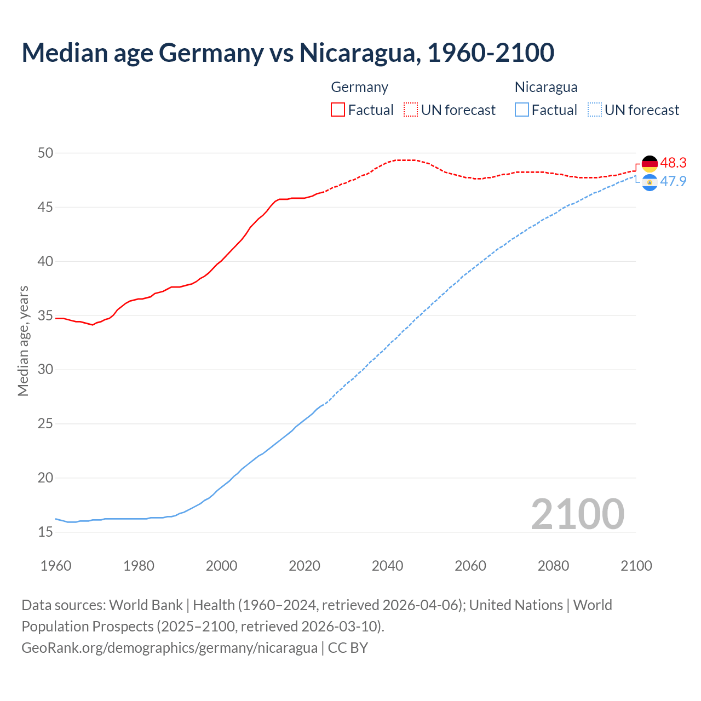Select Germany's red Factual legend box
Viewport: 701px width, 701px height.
click(338, 110)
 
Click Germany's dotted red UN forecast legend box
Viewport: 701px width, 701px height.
click(411, 110)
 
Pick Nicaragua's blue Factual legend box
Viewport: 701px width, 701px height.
click(522, 110)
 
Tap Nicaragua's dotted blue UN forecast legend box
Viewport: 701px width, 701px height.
click(595, 110)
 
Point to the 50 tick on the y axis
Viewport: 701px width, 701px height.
click(45, 153)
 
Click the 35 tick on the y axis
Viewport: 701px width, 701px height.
click(45, 315)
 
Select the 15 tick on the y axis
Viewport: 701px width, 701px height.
click(45, 532)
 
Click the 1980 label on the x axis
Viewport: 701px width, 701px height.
click(139, 566)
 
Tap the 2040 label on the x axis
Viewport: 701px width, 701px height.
click(387, 566)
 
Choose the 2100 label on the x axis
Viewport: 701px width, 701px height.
click(636, 566)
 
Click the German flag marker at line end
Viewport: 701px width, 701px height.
click(650, 164)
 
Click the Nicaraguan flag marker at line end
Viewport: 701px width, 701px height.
click(650, 182)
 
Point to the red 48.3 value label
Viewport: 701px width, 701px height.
click(673, 163)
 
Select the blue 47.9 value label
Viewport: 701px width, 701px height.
click(673, 181)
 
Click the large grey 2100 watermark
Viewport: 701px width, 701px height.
click(577, 514)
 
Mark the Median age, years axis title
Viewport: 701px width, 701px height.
click(23, 341)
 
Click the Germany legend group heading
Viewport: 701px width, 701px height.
click(359, 87)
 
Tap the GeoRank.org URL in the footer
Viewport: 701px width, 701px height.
click(169, 647)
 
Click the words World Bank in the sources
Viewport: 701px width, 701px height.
click(146, 605)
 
